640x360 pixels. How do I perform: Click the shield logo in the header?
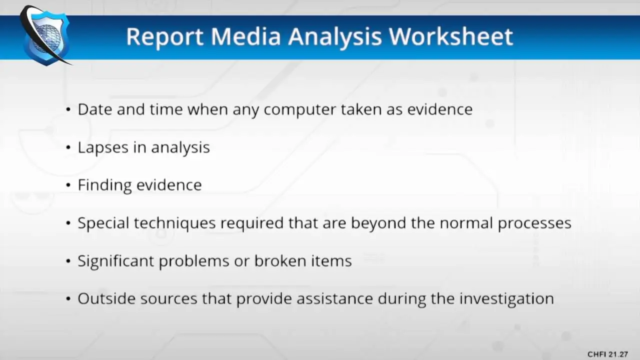coord(45,35)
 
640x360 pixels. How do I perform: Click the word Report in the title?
coord(165,37)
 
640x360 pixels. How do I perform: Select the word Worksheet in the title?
coord(451,36)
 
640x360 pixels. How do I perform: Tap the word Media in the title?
coord(245,36)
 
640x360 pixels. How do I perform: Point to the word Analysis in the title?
coord(335,37)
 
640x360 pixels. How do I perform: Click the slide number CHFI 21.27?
coord(607,354)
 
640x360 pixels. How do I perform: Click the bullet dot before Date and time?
coord(68,109)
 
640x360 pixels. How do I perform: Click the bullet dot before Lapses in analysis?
coord(68,147)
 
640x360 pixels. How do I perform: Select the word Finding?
coord(105,185)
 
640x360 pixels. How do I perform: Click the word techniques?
coord(175,223)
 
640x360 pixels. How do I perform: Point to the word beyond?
coord(378,223)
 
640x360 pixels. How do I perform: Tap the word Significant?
coord(116,261)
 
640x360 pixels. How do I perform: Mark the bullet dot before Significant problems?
coord(68,261)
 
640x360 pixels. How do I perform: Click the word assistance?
coord(335,299)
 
